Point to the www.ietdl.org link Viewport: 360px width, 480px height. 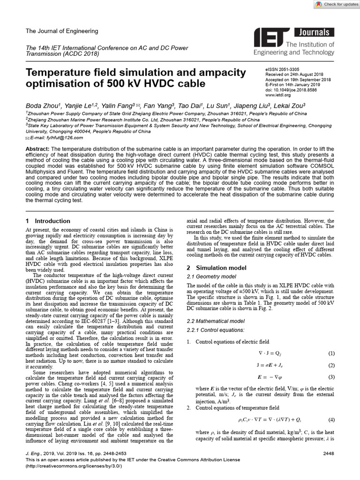278,94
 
